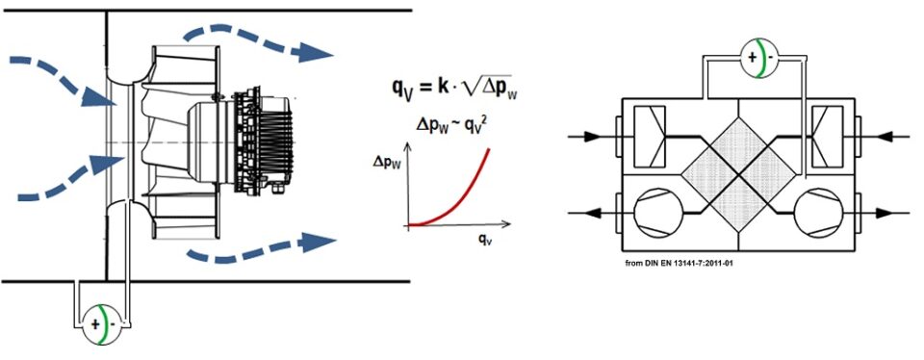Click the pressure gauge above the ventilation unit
coord(756,57)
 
